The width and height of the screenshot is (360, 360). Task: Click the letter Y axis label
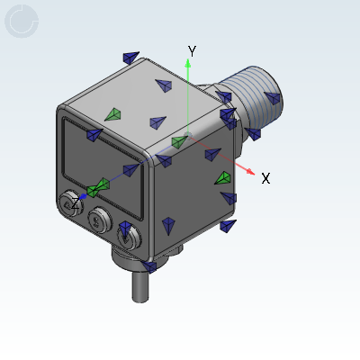click(x=192, y=51)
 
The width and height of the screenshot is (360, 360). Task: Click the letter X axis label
click(x=265, y=178)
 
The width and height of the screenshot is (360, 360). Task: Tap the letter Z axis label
click(x=75, y=204)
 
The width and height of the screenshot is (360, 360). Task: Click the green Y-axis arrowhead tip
click(x=188, y=59)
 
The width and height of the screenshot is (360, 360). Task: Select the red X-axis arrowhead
click(x=250, y=171)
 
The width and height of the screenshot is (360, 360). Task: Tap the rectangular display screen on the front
click(x=103, y=168)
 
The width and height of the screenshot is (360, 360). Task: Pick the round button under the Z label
click(x=71, y=203)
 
